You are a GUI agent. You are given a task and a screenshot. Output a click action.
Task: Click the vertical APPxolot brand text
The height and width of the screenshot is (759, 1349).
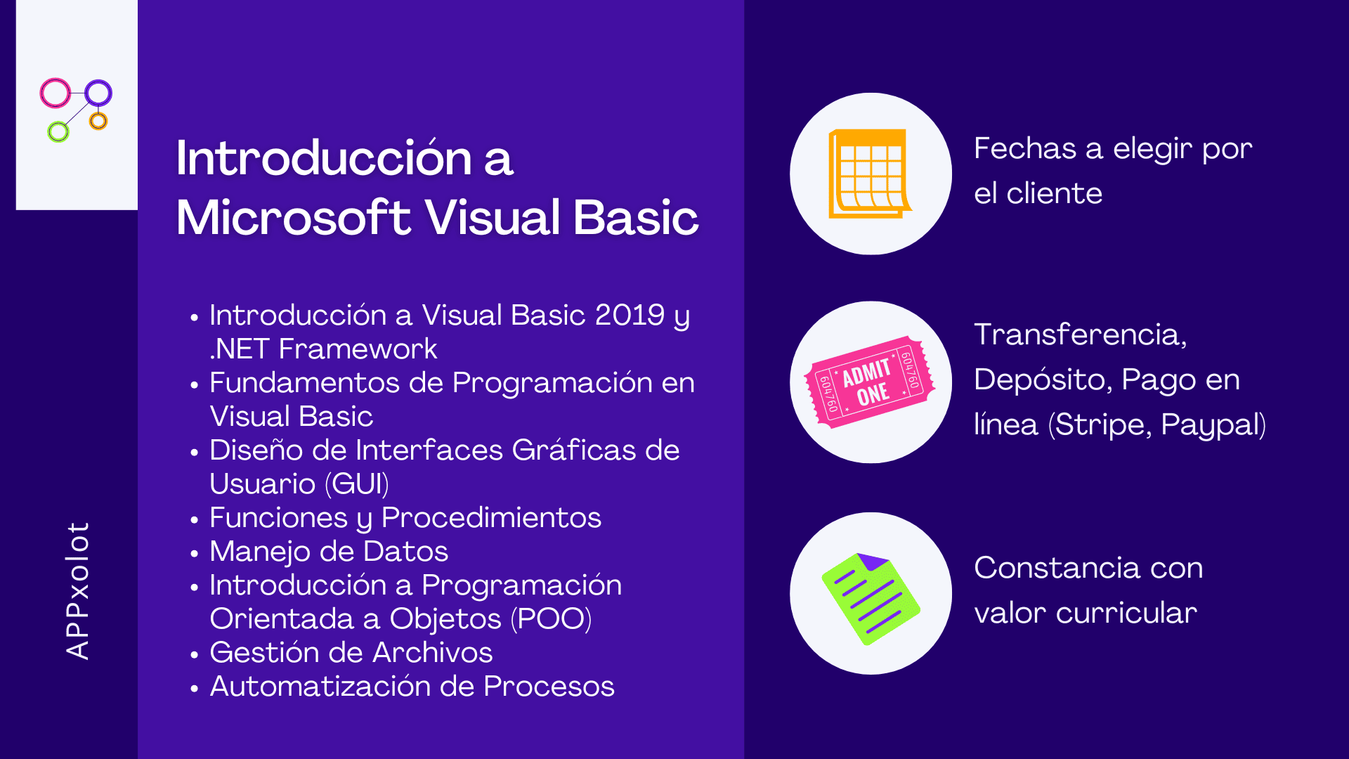click(x=77, y=590)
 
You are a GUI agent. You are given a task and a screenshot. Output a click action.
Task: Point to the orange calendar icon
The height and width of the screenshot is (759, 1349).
click(x=870, y=174)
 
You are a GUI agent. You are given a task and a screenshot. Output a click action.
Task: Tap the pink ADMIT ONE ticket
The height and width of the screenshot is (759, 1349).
click(x=870, y=382)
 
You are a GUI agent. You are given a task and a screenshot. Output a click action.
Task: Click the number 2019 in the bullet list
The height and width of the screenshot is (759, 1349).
click(x=630, y=315)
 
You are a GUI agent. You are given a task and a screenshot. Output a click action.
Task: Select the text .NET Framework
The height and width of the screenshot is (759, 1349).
click(x=323, y=349)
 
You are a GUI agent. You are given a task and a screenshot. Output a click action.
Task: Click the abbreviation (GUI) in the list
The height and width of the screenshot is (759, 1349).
click(x=357, y=484)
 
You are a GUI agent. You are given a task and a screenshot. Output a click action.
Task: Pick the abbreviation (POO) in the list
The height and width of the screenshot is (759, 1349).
click(x=551, y=619)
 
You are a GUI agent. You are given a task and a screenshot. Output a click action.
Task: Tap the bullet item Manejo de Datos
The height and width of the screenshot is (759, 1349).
click(x=329, y=552)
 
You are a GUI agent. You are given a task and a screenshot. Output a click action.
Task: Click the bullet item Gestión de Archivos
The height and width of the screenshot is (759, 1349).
click(x=351, y=653)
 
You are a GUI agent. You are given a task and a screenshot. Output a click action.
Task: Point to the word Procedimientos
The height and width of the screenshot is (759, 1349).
click(x=491, y=518)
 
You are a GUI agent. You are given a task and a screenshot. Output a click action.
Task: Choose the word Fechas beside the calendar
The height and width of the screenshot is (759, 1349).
click(x=1025, y=149)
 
